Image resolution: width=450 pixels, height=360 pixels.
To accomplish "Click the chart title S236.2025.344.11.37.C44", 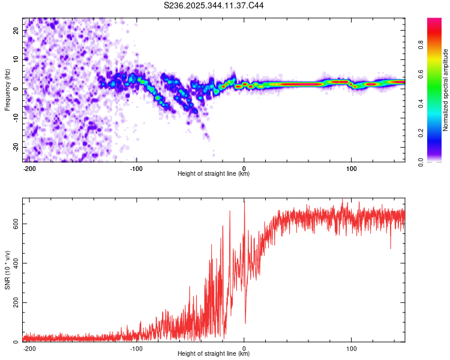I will (x=214, y=5).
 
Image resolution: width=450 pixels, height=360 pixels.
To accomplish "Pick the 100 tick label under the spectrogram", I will (x=352, y=168).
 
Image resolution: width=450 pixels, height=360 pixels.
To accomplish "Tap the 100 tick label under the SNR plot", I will (x=352, y=348).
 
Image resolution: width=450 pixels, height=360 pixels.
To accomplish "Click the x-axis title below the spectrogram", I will (x=214, y=174).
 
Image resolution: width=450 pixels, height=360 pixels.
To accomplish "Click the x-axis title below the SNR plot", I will (x=214, y=354).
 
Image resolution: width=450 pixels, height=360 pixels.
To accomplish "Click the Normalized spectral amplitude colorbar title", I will (x=446, y=90).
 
